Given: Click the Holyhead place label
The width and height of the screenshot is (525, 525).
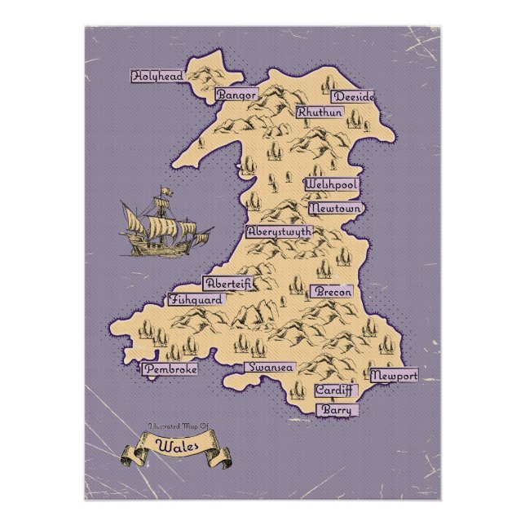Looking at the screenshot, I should (158, 76).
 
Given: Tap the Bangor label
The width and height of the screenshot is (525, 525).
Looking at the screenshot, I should (236, 95).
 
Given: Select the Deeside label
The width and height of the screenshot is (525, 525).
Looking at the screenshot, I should (353, 96).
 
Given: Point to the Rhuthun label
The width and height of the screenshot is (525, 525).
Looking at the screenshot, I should (319, 112).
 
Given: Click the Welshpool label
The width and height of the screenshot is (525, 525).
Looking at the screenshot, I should (331, 185).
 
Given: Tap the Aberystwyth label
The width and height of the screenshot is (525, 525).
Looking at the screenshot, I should (279, 232).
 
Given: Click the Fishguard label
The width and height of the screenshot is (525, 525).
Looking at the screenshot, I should (195, 299).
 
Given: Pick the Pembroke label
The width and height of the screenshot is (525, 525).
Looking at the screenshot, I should (170, 369).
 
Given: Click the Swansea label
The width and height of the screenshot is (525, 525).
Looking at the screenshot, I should (271, 368).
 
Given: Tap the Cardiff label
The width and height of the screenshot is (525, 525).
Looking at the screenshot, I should (335, 390).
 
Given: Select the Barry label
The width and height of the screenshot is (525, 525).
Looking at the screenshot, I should (336, 409).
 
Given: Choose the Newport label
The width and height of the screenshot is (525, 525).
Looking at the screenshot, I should (394, 376).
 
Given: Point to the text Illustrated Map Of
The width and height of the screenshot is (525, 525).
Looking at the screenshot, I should (174, 426).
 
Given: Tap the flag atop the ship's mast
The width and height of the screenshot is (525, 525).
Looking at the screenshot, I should (168, 192).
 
